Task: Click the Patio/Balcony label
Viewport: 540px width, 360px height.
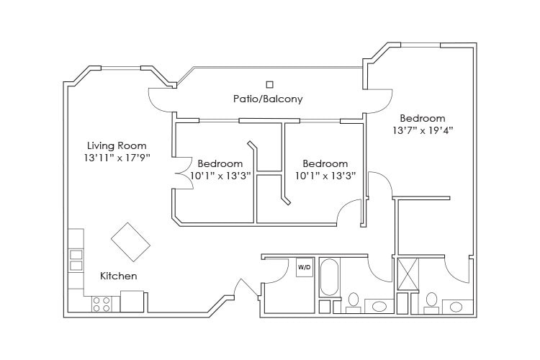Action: coord(267,99)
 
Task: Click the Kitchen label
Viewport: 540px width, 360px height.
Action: coord(118,276)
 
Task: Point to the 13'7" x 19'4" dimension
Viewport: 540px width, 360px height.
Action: coord(423,131)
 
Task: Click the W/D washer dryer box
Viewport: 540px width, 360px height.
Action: coord(304,267)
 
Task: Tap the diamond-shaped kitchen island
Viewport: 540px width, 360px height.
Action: coord(130,242)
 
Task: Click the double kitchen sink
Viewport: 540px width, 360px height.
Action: coord(76,260)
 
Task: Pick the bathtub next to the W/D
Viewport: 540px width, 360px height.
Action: coord(329,277)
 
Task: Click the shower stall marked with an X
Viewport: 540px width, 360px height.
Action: coord(408,274)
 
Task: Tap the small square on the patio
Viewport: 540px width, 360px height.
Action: coord(270,84)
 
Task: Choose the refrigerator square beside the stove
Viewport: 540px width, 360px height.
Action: coord(132,301)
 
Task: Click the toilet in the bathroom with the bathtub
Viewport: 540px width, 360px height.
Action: coord(354,301)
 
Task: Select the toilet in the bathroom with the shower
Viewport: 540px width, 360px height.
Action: coord(431,301)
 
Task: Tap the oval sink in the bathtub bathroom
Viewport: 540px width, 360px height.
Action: coord(378,306)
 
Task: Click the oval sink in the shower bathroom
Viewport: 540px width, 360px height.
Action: coord(456,306)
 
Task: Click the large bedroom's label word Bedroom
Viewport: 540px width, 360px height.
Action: coord(423,118)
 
